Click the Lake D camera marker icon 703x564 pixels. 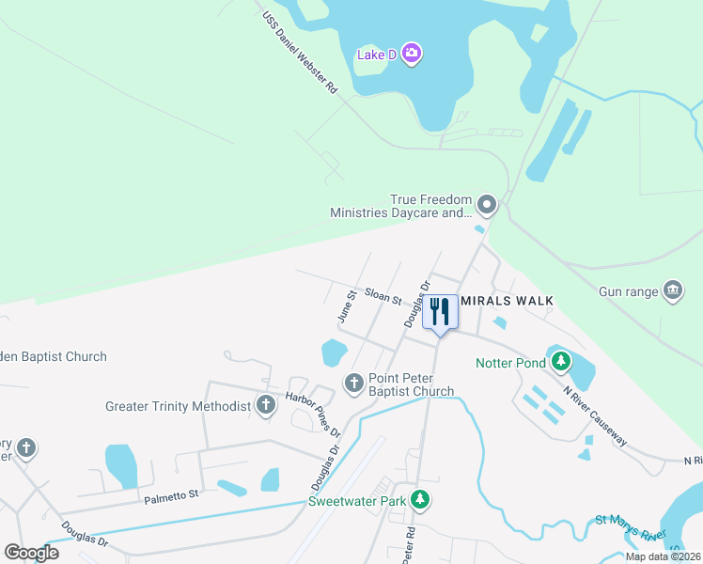[411, 53]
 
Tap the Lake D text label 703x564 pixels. [376, 55]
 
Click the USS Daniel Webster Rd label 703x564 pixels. [299, 53]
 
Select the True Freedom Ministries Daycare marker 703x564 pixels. [486, 204]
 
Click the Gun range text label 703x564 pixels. [629, 292]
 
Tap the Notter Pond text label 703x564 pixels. [510, 363]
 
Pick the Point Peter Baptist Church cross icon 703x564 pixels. [354, 383]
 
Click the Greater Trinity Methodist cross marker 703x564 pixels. [266, 406]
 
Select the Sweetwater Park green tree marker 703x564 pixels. [423, 500]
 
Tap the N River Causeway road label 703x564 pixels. [596, 415]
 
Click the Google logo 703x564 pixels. [31, 553]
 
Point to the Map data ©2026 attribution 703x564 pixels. [663, 556]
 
